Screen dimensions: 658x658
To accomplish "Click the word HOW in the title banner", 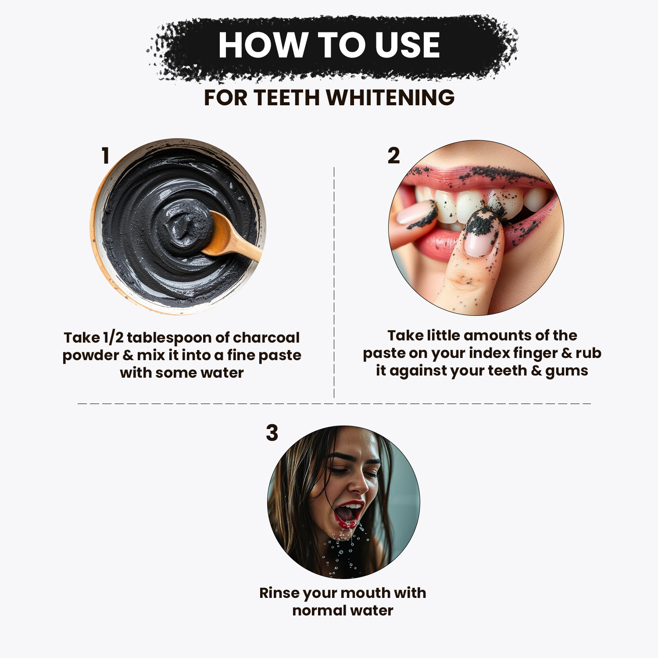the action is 262,45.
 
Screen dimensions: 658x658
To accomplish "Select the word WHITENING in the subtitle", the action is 390,97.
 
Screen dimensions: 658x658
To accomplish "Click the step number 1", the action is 105,156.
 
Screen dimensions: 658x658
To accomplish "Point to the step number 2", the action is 393,156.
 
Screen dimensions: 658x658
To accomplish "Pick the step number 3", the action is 272,433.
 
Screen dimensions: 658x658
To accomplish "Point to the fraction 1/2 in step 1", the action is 113,338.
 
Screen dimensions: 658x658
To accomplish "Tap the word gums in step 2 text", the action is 567,371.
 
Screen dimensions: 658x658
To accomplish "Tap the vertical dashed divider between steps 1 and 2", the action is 334,282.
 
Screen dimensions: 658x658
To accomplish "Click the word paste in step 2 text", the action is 382,354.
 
